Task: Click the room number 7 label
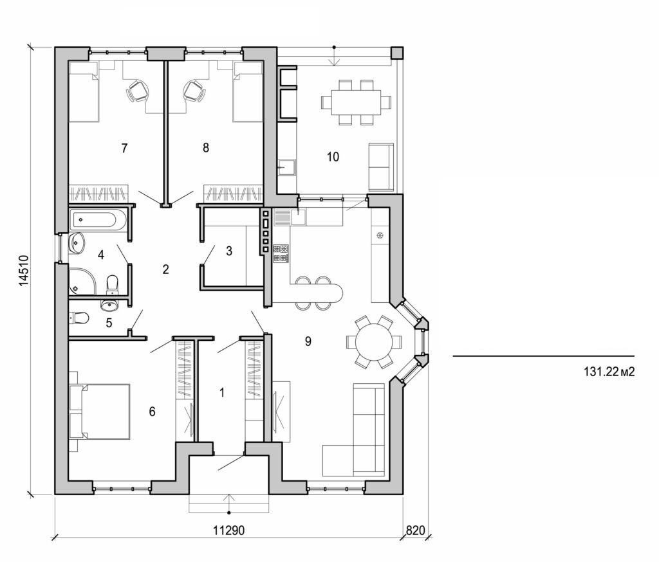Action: pos(124,149)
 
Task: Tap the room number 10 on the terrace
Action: pos(333,156)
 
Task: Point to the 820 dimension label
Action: pos(415,530)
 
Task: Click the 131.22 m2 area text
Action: pos(604,371)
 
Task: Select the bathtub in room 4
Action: pos(96,221)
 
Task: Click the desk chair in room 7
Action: pos(138,91)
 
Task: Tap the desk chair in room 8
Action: pos(193,91)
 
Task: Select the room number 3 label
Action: pos(229,251)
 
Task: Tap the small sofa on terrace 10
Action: pos(380,167)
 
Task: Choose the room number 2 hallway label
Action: pos(165,269)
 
